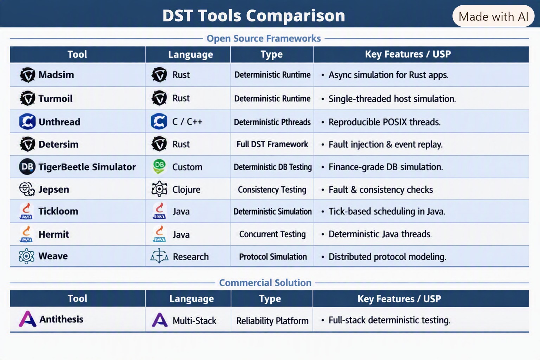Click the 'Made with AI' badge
(x=493, y=16)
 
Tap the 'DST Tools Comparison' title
(x=253, y=16)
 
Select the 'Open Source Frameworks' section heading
(x=264, y=38)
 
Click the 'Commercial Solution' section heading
(x=265, y=283)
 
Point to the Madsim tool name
(x=56, y=75)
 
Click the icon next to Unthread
(x=27, y=122)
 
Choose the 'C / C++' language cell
(x=187, y=122)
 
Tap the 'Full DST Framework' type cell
(x=272, y=144)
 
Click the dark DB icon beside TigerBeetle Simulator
(x=27, y=167)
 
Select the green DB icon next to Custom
(x=159, y=166)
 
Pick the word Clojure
(x=186, y=189)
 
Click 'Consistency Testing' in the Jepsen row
(x=272, y=189)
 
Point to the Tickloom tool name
(x=58, y=211)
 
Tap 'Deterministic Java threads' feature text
(x=380, y=234)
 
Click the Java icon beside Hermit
(x=26, y=234)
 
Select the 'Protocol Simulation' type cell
(x=273, y=257)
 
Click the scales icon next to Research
(x=159, y=256)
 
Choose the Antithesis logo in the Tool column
(x=27, y=319)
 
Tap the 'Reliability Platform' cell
(x=272, y=321)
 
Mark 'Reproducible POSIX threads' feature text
(x=385, y=122)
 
